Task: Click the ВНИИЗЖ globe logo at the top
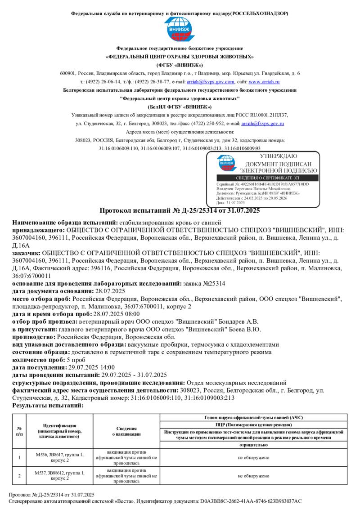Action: coord(180,30)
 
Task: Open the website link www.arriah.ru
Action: coord(264,82)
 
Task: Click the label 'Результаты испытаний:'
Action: coord(48,405)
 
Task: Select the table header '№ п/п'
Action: coord(19,431)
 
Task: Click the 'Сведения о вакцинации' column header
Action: coord(126,431)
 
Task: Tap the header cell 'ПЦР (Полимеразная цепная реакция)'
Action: coord(254,424)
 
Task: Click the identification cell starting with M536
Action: coord(59,457)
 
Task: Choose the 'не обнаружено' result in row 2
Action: coord(254,475)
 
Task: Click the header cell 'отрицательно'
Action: coord(254,445)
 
